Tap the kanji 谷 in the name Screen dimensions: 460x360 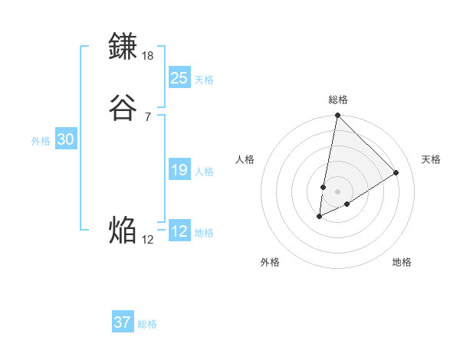coord(123,108)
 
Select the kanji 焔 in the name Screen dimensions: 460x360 coord(123,230)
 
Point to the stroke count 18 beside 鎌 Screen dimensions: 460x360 coord(148,56)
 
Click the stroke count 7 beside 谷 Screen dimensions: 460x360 coord(147,116)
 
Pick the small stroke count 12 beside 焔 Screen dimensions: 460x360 coord(148,240)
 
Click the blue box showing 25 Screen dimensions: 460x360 coord(179,78)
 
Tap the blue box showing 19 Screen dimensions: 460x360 coord(179,170)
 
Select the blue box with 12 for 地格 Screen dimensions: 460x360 coord(179,231)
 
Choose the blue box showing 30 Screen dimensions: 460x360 coord(66,139)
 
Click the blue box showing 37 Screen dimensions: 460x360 coord(123,322)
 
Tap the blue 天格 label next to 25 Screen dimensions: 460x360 coord(204,80)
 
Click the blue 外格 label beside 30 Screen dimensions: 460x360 coord(41,141)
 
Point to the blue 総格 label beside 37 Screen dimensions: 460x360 coord(147,324)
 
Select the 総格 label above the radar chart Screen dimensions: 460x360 coord(338,100)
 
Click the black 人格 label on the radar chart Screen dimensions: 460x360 coord(245,159)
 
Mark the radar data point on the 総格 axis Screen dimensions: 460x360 coord(337,116)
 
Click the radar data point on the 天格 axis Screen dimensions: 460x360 coord(396,172)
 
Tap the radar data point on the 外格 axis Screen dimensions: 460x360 coord(320,217)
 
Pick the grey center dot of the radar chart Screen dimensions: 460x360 coord(337,191)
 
